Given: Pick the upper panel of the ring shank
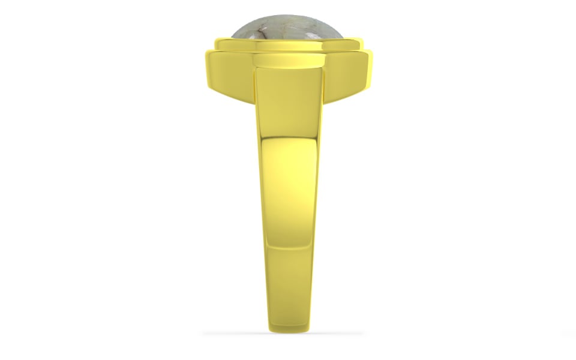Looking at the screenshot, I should pos(288,102).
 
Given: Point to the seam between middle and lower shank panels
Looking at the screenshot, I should pos(289,247).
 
